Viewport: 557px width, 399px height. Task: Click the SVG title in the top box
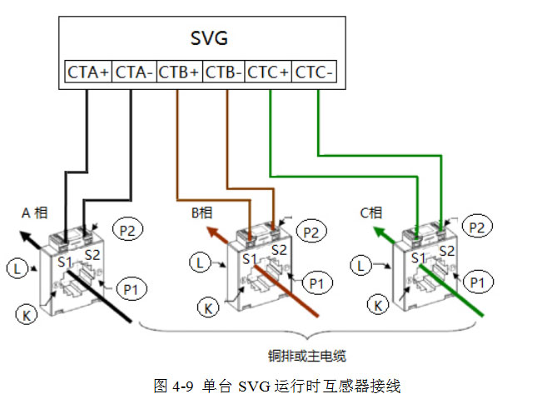coord(209,39)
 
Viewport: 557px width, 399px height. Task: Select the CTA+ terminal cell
coord(87,72)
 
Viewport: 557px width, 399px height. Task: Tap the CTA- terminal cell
coord(133,72)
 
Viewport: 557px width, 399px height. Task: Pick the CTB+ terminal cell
coord(178,72)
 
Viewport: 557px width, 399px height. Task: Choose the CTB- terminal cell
coord(223,72)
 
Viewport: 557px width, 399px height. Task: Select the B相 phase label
coord(201,214)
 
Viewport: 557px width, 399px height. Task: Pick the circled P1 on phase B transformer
coord(316,283)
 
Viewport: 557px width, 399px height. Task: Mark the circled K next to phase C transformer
coord(380,306)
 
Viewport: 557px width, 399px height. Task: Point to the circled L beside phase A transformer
coord(17,267)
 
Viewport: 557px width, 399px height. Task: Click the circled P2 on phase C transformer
coord(476,227)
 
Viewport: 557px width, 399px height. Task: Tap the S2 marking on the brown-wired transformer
coord(279,249)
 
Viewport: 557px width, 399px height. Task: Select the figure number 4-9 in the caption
coord(182,386)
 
